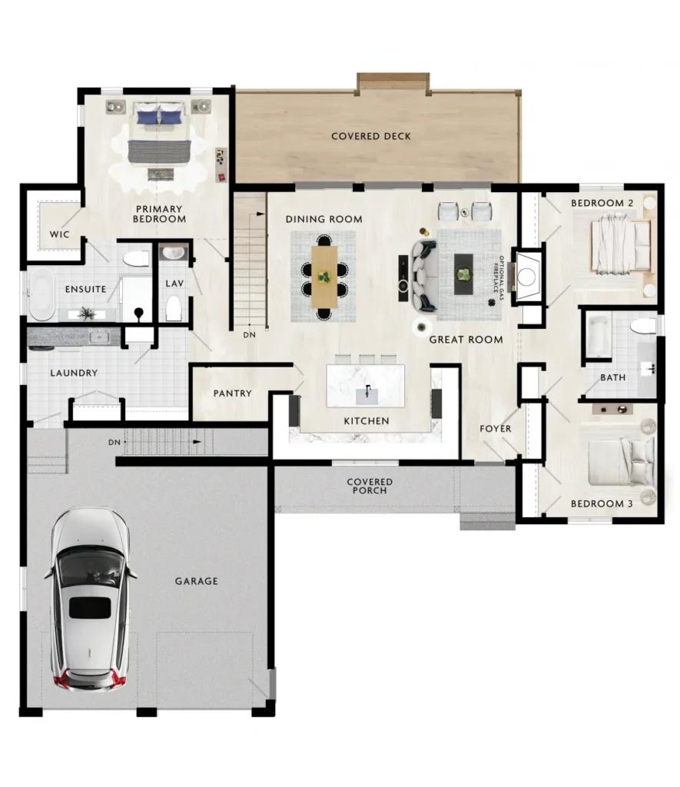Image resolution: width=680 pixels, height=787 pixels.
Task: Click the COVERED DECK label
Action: pyautogui.click(x=371, y=136)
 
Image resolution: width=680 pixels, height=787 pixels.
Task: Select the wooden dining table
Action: pyautogui.click(x=324, y=276)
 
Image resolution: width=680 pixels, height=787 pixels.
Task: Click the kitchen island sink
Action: pyautogui.click(x=367, y=395)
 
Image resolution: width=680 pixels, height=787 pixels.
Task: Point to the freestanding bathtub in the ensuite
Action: pyautogui.click(x=41, y=294)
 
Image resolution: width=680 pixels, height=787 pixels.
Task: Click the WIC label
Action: pyautogui.click(x=59, y=234)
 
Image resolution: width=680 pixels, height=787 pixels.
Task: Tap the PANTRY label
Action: pyautogui.click(x=232, y=393)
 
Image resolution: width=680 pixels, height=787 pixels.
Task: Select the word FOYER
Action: pyautogui.click(x=496, y=429)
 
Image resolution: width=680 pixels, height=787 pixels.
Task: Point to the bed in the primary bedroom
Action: pyautogui.click(x=160, y=132)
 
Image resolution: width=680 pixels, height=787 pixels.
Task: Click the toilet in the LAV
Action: pyautogui.click(x=174, y=307)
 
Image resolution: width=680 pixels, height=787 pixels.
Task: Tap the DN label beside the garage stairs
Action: pyautogui.click(x=114, y=442)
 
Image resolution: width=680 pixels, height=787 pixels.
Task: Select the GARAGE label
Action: pyautogui.click(x=196, y=581)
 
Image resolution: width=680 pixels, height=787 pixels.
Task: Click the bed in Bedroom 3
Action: pyautogui.click(x=621, y=462)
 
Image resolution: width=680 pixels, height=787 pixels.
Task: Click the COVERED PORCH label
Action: pyautogui.click(x=370, y=486)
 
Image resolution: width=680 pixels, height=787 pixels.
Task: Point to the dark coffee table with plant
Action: pyautogui.click(x=463, y=274)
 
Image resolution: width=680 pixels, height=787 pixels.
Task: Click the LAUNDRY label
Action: pyautogui.click(x=74, y=373)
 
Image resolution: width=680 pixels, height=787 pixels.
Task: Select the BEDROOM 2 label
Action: pyautogui.click(x=602, y=203)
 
